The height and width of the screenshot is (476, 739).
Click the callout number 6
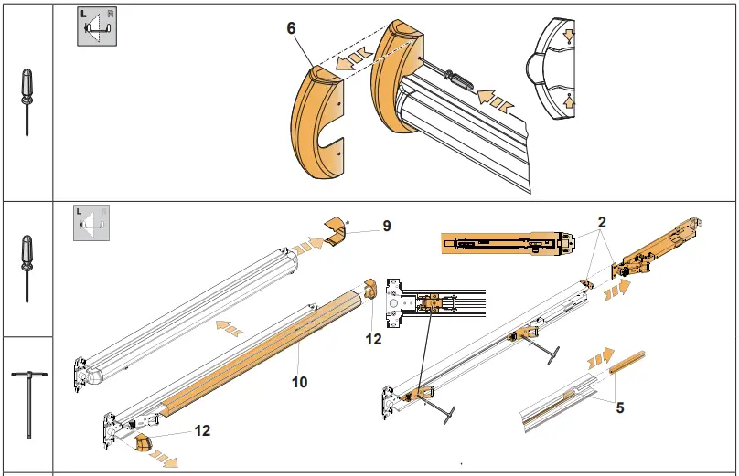(291, 28)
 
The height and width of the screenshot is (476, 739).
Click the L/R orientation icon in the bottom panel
(91, 222)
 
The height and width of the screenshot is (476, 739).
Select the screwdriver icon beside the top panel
(27, 100)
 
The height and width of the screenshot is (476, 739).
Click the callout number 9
(387, 225)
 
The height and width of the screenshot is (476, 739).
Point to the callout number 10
(300, 382)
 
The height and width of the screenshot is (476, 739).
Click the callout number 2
(603, 222)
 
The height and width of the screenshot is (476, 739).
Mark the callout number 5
(620, 408)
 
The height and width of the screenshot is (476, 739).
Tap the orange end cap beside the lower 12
(143, 444)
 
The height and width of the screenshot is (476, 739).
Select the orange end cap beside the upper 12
(371, 288)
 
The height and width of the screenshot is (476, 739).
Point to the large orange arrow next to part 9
(313, 244)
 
